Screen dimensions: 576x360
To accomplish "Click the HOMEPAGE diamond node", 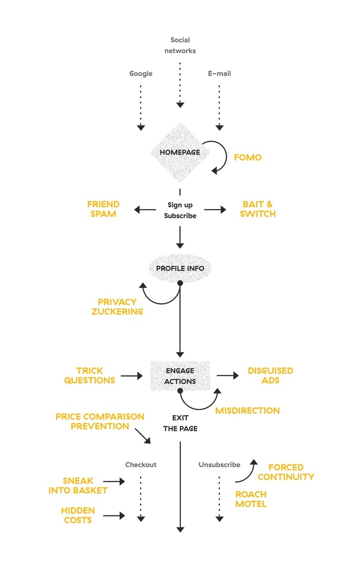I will click(180, 152).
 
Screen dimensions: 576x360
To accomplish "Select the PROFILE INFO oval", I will click(180, 267).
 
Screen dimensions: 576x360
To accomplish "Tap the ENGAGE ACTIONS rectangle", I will click(180, 376).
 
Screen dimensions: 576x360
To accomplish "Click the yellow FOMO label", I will click(248, 157).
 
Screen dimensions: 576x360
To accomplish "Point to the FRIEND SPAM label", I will click(103, 209).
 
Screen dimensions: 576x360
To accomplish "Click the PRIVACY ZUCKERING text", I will click(117, 306).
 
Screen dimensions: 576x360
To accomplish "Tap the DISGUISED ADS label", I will click(270, 376).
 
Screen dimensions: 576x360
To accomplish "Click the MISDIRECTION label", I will click(247, 411).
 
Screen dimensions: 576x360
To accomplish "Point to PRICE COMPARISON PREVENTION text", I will click(100, 421).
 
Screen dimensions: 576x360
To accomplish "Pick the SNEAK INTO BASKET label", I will click(85, 486).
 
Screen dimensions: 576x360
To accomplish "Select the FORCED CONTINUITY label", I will click(286, 472).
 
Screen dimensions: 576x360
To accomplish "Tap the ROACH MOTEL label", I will click(251, 499).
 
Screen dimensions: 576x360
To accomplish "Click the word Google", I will click(141, 74).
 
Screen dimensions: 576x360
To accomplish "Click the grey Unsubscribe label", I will click(219, 464).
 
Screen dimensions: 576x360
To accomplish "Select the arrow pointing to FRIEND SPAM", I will click(145, 210).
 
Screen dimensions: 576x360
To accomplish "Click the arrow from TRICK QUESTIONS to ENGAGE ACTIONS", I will click(131, 376).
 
